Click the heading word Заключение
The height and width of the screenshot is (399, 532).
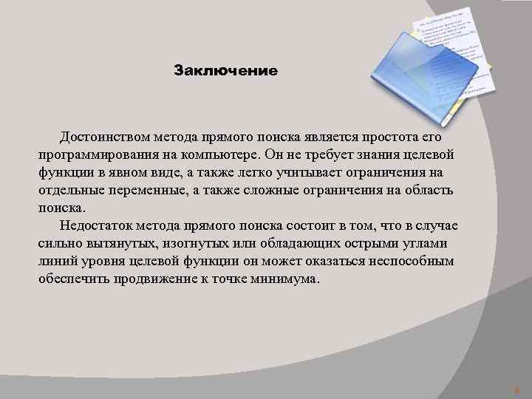pyautogui.click(x=225, y=72)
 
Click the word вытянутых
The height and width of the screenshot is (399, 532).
pyautogui.click(x=110, y=244)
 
